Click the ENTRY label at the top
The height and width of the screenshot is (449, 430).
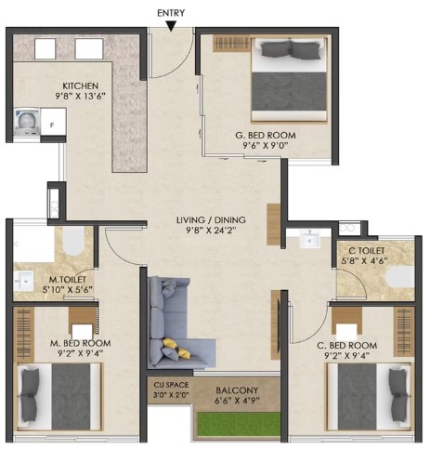pos(171,13)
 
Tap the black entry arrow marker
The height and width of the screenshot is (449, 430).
pos(171,26)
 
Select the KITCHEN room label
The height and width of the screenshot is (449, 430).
pos(81,86)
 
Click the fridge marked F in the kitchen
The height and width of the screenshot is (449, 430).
pos(53,122)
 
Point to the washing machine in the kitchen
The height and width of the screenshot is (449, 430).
pos(27,122)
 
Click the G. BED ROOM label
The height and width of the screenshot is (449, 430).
pos(266,136)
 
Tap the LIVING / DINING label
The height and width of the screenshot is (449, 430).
pos(211,220)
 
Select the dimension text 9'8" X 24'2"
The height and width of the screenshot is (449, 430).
pos(211,231)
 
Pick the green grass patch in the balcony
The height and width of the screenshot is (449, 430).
pos(239,424)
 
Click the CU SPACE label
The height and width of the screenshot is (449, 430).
pos(171,385)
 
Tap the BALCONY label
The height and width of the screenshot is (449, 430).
pos(237,390)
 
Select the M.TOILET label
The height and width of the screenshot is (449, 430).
pos(68,280)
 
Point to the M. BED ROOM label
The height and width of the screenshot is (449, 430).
pos(81,343)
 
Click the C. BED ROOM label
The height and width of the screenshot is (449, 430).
pos(347,345)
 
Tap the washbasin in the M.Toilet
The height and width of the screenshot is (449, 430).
pos(23,281)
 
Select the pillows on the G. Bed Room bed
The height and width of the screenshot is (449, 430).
pos(290,49)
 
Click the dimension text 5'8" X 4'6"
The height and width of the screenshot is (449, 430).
pos(364,261)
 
